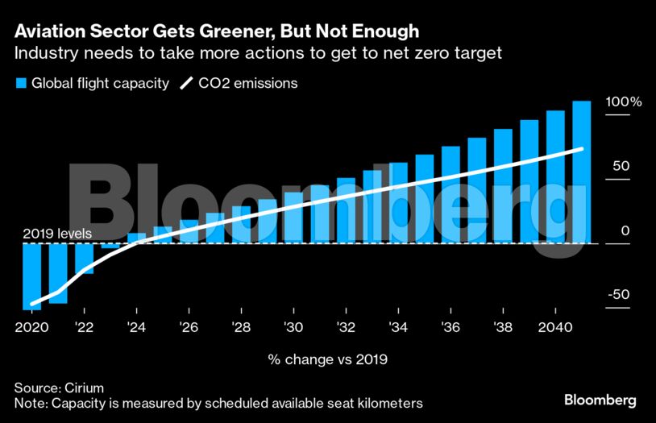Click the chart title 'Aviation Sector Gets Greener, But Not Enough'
[x=217, y=31]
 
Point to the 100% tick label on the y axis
[x=623, y=103]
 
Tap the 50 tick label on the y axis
[x=619, y=166]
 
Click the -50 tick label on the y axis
[x=617, y=295]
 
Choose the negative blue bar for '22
[x=85, y=258]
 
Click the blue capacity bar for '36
[x=450, y=194]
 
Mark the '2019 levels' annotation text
[x=57, y=234]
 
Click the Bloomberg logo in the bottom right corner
[x=600, y=400]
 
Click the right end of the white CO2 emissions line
[x=582, y=149]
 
